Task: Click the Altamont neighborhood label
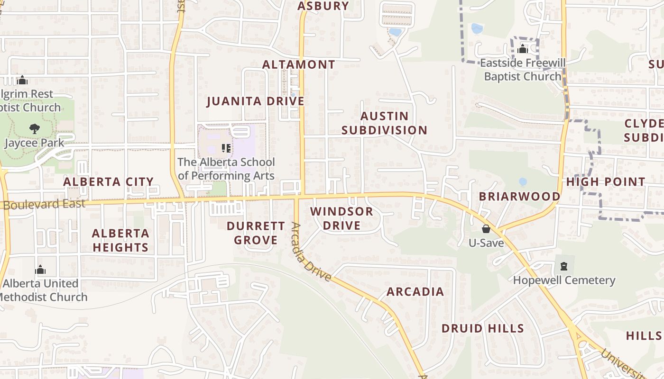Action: [298, 64]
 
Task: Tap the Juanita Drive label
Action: [256, 101]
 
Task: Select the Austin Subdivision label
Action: [384, 123]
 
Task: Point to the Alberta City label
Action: [108, 181]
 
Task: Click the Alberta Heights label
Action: [120, 240]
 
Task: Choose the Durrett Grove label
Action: [256, 233]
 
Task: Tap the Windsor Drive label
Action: [341, 218]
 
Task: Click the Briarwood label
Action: [519, 196]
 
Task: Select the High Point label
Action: [606, 181]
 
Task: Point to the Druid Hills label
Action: [482, 328]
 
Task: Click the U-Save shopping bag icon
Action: [486, 229]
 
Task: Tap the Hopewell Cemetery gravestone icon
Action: [563, 266]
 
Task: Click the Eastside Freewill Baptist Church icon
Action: [523, 49]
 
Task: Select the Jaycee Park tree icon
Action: [34, 128]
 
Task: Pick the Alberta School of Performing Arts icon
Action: [226, 148]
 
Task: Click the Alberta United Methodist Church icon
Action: [41, 270]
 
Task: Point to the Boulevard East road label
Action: [44, 204]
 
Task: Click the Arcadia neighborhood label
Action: [415, 291]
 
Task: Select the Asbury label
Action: [323, 6]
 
